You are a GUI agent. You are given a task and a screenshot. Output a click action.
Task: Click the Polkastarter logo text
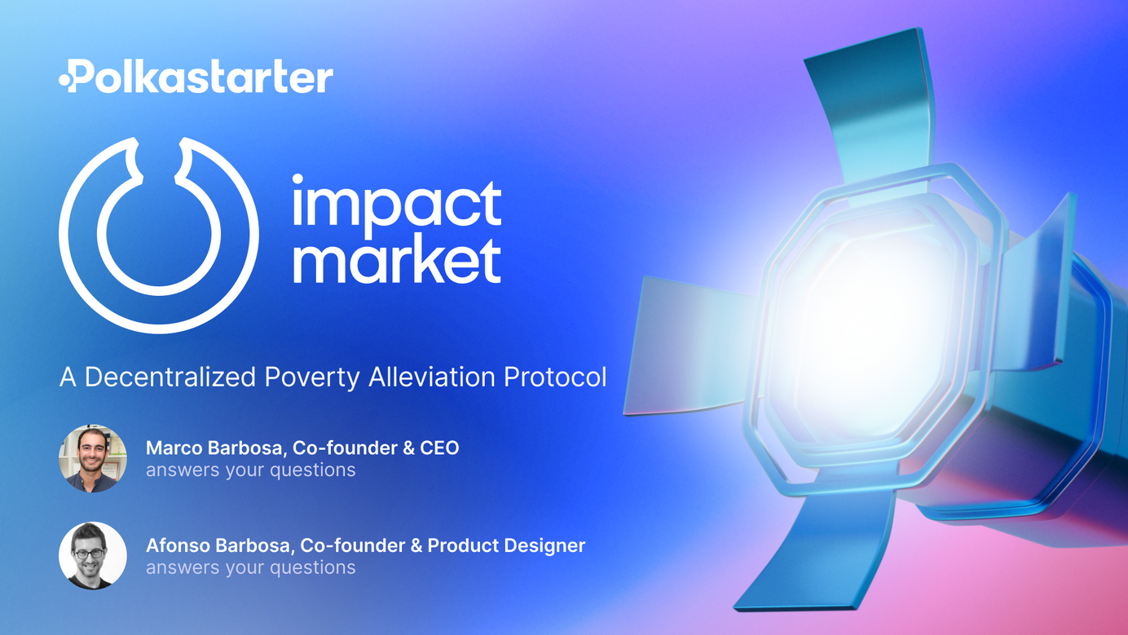196,77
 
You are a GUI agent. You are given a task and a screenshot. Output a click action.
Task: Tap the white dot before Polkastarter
65,80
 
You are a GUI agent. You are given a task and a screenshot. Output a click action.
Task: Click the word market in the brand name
397,261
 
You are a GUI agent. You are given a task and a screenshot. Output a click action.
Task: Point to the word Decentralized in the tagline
170,377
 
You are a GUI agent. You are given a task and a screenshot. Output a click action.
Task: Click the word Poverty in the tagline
312,377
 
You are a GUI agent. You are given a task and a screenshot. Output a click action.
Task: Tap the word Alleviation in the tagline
432,377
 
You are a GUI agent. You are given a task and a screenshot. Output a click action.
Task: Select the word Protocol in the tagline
555,377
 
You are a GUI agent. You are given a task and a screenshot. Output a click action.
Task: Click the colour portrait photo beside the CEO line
93,458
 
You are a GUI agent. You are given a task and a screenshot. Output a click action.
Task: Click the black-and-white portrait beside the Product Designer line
93,555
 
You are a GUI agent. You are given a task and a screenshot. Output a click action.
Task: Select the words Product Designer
506,545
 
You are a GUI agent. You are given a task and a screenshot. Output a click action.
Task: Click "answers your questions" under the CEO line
251,470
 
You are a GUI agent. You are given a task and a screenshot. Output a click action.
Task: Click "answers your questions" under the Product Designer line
251,567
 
